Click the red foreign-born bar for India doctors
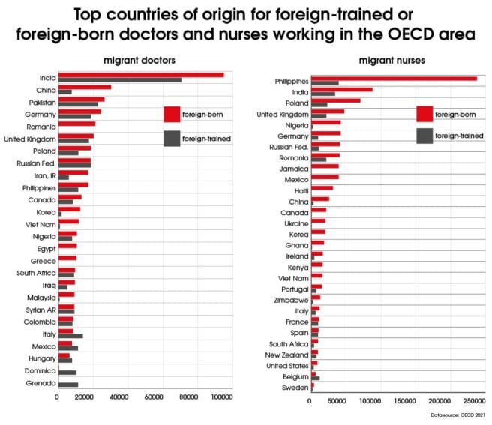coord(141,75)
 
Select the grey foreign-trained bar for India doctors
coord(120,80)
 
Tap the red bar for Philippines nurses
coord(394,78)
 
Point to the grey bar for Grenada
coord(68,385)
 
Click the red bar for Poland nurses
coord(336,100)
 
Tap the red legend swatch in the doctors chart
coord(172,114)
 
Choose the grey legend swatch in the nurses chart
coord(424,136)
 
